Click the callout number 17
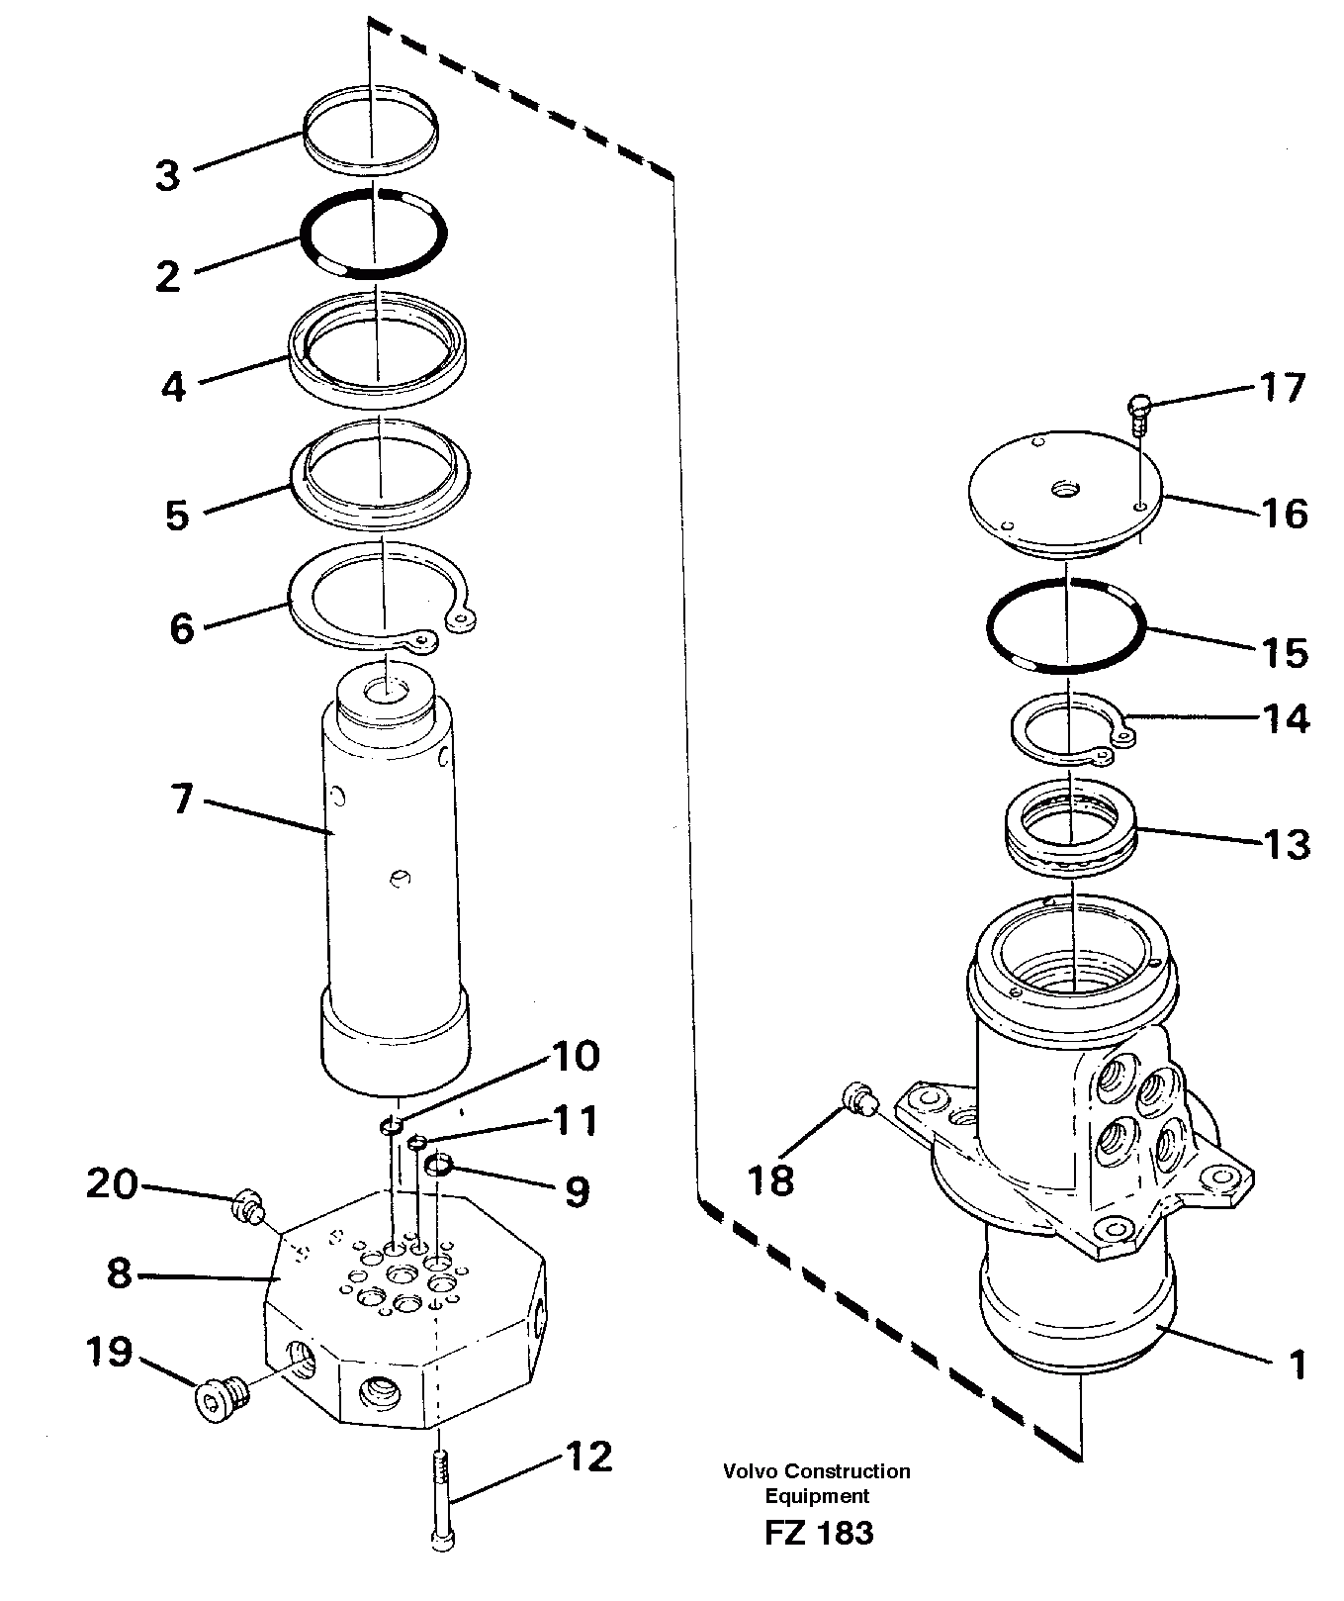1283,387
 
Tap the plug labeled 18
859,1098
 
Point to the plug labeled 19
220,1397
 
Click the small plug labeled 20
245,1206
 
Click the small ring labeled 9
438,1167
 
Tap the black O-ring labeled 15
1066,625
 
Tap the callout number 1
1299,1366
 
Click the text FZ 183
818,1534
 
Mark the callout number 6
182,627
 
